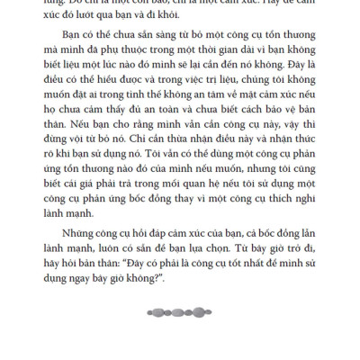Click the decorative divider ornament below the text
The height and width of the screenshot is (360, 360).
(x=180, y=312)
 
